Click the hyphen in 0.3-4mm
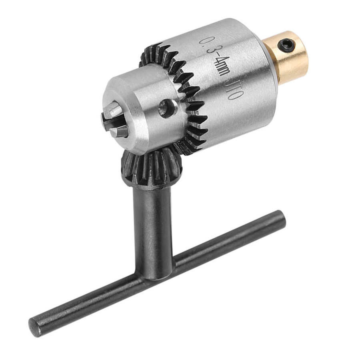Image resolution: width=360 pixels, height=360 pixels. pyautogui.click(x=217, y=56)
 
